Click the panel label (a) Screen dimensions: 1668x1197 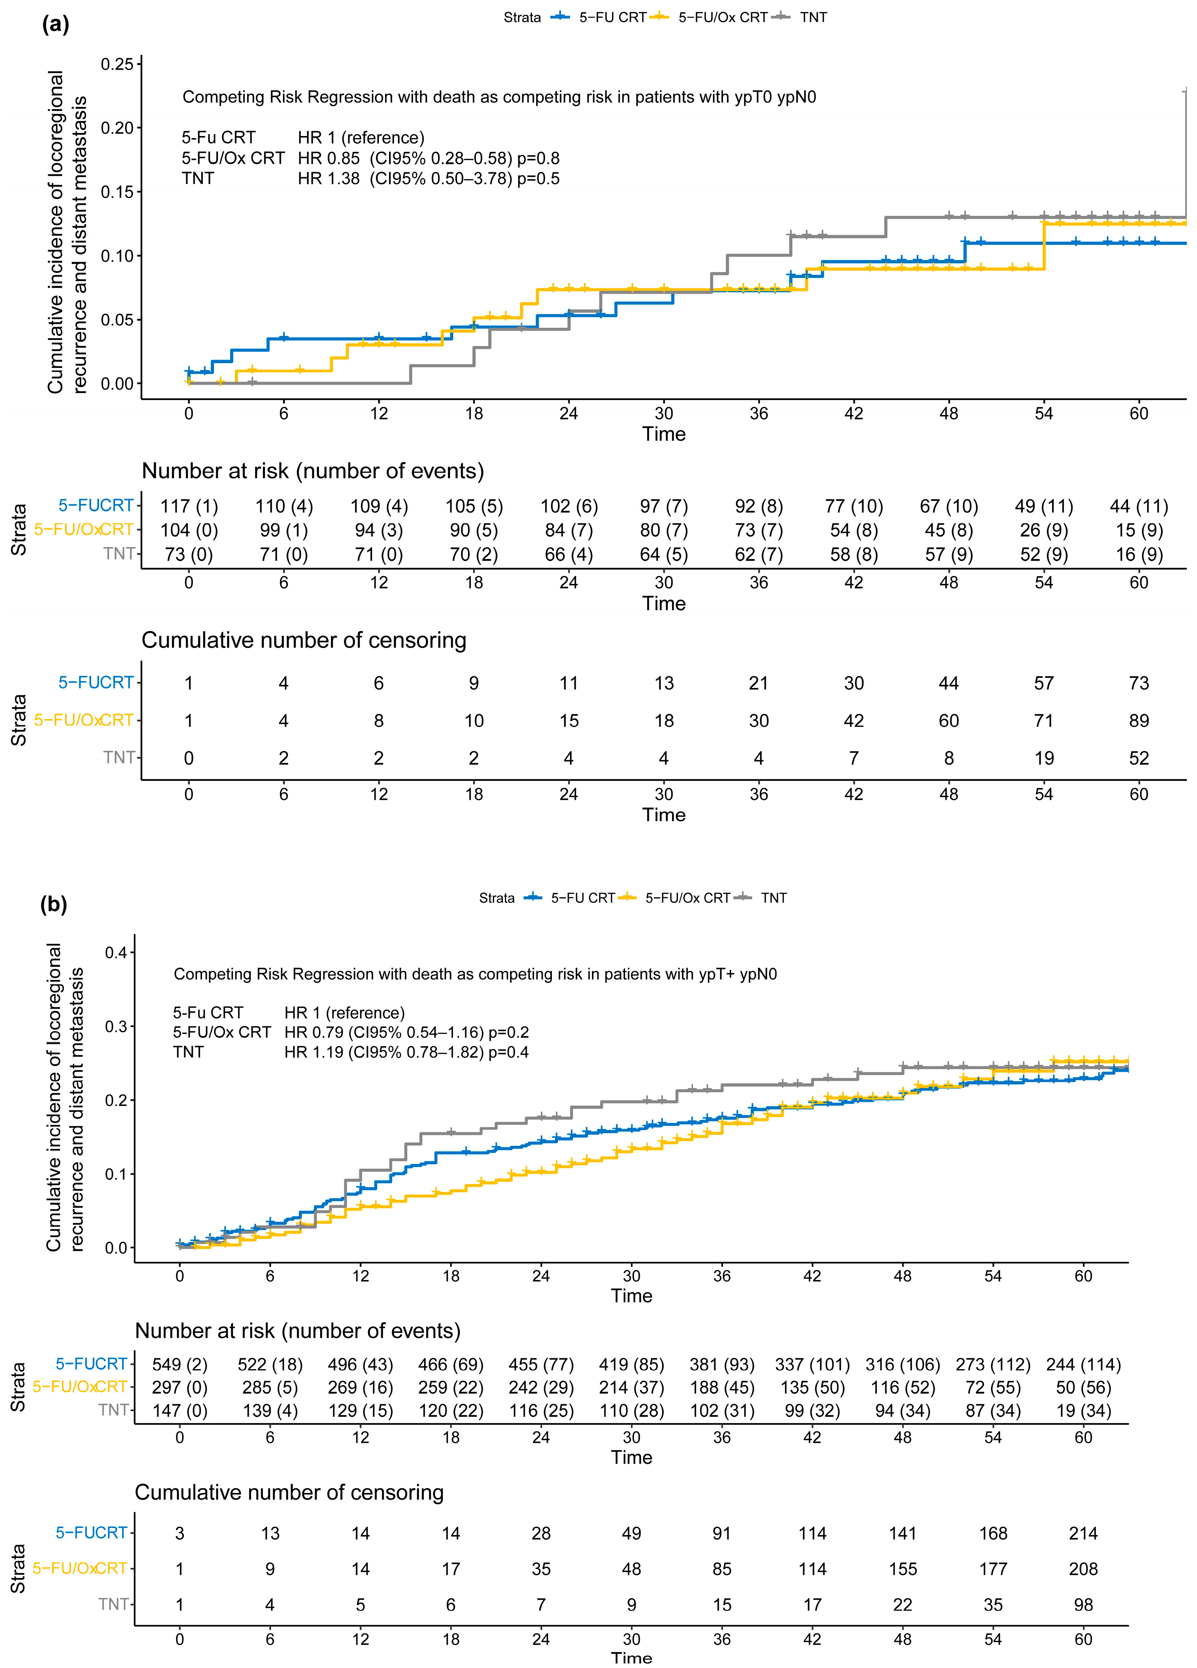click(x=55, y=24)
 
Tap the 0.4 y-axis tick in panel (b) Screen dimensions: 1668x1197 click(x=116, y=953)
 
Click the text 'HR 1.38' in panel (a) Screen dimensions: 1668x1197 click(x=328, y=179)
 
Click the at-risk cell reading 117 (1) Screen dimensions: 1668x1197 click(x=189, y=507)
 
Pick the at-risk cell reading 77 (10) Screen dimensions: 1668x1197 click(x=853, y=507)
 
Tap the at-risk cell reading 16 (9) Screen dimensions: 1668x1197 click(x=1139, y=554)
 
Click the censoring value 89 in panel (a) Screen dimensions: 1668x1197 click(x=1139, y=721)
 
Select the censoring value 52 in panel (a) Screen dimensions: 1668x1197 click(x=1139, y=758)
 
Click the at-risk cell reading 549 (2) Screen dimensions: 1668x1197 click(x=180, y=1365)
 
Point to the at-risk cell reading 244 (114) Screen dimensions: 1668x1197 click(x=1083, y=1365)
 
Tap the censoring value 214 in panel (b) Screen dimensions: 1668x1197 click(x=1083, y=1533)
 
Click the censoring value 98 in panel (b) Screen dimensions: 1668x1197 click(x=1083, y=1605)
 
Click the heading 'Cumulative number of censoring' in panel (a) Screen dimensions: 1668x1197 click(x=304, y=640)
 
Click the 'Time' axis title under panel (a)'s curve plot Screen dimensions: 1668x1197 click(x=664, y=435)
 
